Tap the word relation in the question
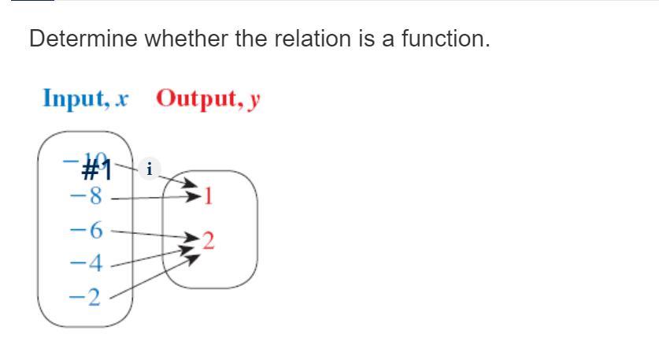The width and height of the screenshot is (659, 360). pos(302,39)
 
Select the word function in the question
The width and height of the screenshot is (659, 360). pos(445,39)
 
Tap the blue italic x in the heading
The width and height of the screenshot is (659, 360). pos(121,100)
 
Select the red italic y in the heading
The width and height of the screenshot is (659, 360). pos(254,101)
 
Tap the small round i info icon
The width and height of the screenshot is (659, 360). pos(150,168)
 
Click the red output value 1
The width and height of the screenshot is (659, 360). pos(208,196)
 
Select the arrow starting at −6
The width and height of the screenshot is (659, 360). pos(154,234)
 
